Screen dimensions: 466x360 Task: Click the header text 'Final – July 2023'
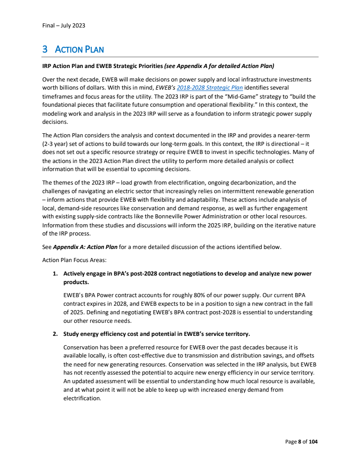click(63, 25)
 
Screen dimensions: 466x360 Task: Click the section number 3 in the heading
click(45, 49)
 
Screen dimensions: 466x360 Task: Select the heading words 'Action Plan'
click(79, 49)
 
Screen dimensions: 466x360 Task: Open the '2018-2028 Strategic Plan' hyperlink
click(217, 87)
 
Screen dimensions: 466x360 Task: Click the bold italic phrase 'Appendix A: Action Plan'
click(85, 247)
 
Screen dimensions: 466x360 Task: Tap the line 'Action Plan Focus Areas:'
click(74, 260)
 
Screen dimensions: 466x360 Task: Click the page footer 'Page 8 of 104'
click(301, 442)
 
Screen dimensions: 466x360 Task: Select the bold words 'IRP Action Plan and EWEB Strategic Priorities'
click(103, 66)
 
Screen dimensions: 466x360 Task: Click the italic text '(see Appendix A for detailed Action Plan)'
click(219, 66)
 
